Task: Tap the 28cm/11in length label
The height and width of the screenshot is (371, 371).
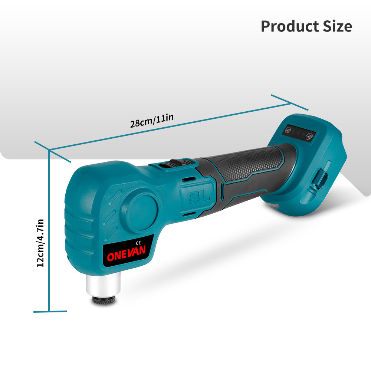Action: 152,121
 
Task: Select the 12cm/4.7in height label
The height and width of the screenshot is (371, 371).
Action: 40,243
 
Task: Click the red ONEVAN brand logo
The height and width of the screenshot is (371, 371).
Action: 127,253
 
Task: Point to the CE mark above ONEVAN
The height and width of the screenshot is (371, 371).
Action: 138,243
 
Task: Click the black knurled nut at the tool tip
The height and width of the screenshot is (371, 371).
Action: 104,300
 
